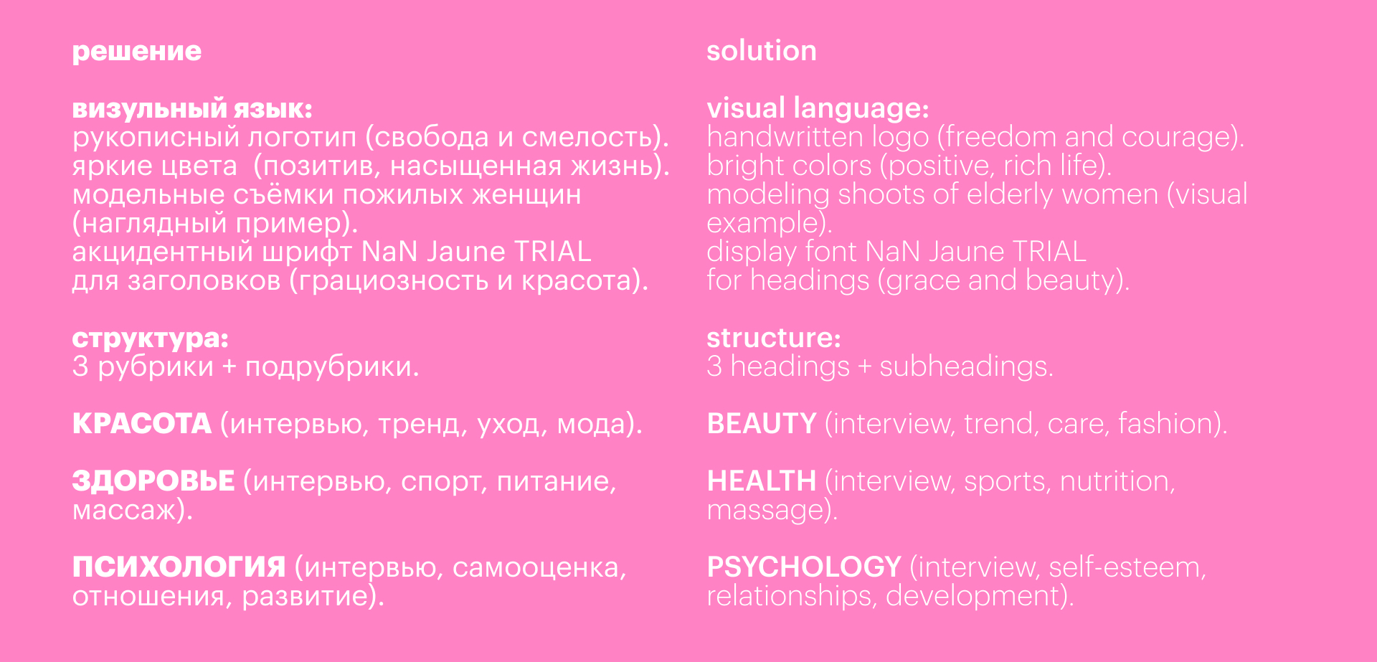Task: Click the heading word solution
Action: point(762,51)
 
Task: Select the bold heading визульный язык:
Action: point(192,109)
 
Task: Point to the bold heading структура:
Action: point(151,339)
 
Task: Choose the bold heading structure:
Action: point(774,338)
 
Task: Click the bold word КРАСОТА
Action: point(142,424)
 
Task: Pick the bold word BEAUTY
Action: point(762,424)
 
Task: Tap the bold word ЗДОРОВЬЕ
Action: point(153,481)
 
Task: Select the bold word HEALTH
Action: point(762,481)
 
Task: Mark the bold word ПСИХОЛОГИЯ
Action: point(179,567)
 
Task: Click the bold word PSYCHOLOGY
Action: point(804,567)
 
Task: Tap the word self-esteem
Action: point(1124,567)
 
